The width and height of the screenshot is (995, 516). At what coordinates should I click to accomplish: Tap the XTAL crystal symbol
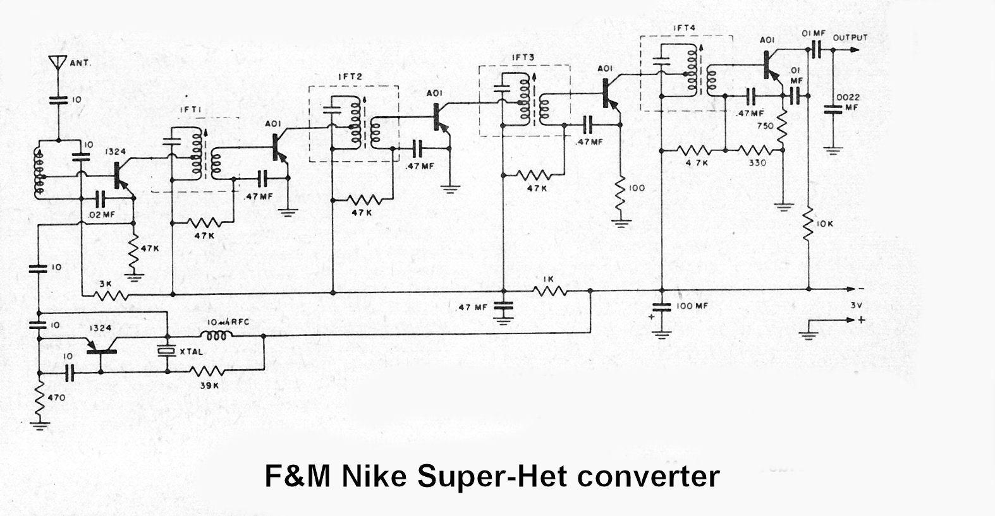167,352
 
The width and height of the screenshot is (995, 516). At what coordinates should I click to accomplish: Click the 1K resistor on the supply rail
551,291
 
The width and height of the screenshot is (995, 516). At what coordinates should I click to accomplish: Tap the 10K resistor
809,225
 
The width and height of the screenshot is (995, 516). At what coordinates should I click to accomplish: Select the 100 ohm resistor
621,188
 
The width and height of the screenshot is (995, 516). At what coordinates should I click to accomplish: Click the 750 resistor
783,129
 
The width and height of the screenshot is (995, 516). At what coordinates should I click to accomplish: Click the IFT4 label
682,27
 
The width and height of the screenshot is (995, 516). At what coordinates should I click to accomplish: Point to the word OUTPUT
850,37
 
